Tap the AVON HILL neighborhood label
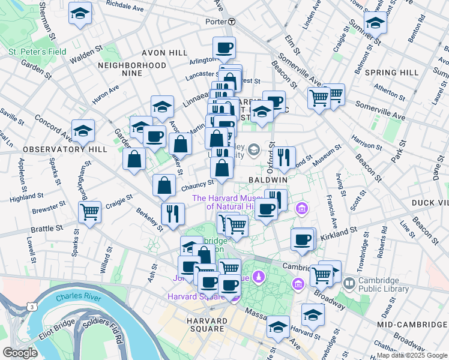pos(163,53)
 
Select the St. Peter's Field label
pos(37,52)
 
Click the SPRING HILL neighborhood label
pos(391,73)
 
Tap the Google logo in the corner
pos(20,352)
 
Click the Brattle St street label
pos(47,229)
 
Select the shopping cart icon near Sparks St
pos(89,211)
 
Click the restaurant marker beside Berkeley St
pos(173,214)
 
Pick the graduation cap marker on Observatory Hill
pos(83,130)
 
